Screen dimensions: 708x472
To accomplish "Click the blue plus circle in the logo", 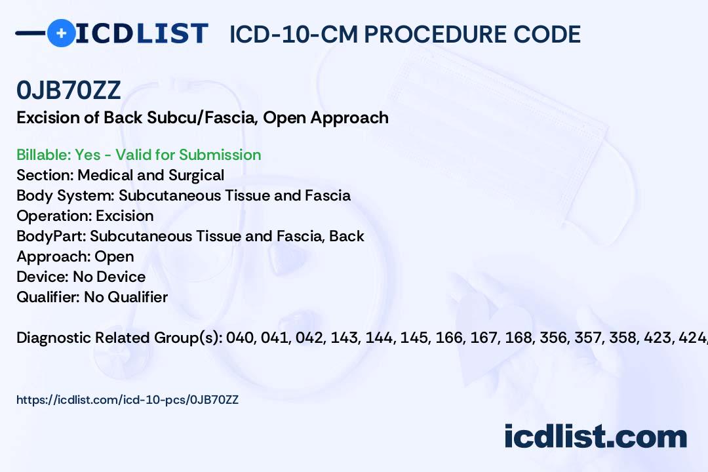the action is click(61, 33).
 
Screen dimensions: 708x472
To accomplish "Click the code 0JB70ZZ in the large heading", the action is click(69, 90).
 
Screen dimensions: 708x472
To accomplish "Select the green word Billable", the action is click(43, 155).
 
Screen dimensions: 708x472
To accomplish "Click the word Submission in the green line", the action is click(220, 155).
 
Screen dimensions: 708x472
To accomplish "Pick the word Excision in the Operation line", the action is click(125, 216).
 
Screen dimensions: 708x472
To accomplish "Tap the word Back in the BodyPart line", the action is click(347, 236).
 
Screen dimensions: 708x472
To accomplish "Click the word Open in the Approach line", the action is click(114, 257).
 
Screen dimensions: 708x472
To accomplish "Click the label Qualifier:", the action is click(49, 297).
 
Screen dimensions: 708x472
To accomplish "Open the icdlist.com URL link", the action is click(127, 400).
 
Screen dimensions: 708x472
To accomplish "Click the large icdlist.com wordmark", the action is click(595, 437).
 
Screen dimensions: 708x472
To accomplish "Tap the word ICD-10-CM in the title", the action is click(294, 34).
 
